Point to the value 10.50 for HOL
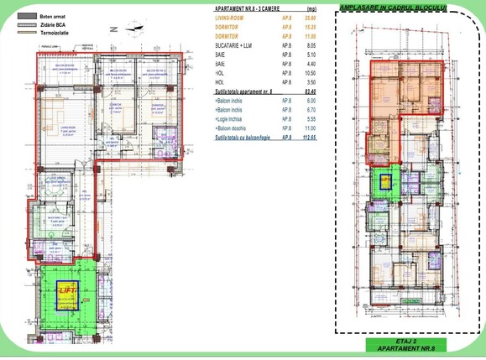[x=309, y=73]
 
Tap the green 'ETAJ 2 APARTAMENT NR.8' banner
[x=406, y=344]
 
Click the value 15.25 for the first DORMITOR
[x=309, y=27]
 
